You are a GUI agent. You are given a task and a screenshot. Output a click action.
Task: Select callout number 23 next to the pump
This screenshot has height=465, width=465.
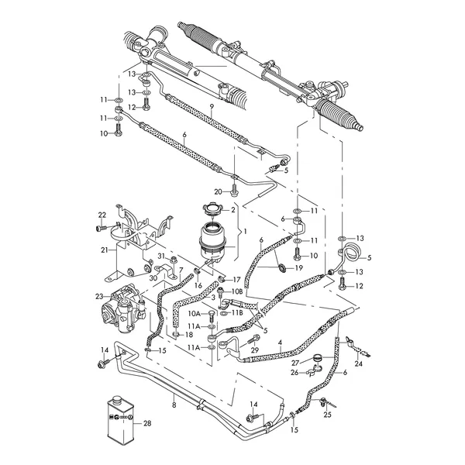tap(98, 296)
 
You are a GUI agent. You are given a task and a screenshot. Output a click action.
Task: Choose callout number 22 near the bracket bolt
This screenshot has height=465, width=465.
tap(101, 215)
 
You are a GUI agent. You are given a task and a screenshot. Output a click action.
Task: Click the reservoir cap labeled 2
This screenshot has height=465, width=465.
tap(211, 209)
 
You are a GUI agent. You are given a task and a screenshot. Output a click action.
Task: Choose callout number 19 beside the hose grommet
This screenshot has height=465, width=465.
tap(299, 267)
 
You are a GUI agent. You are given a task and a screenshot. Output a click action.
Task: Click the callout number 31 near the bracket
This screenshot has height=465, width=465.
tap(162, 257)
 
